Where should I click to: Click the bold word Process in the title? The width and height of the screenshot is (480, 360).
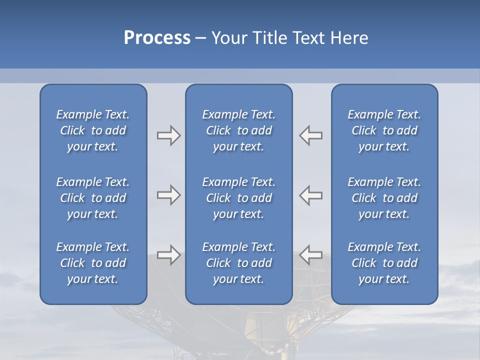(x=157, y=38)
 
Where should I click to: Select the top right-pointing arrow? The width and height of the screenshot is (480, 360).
(x=168, y=135)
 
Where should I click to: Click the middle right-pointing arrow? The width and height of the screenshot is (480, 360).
(x=168, y=195)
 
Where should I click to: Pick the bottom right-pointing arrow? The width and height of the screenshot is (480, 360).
(x=168, y=255)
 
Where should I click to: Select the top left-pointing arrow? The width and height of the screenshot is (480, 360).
(x=311, y=135)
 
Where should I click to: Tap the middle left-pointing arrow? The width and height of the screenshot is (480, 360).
(x=311, y=195)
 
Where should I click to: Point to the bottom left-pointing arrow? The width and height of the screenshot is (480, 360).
(x=311, y=255)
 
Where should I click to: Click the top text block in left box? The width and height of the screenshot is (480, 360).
(x=93, y=130)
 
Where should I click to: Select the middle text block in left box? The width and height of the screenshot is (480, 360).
(x=93, y=198)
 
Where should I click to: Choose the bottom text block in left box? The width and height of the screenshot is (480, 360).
(x=93, y=263)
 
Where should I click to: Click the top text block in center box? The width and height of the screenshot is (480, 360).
(x=238, y=130)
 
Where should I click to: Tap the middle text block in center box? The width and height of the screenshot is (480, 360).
(x=238, y=198)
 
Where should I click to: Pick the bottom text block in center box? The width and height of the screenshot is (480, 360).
(x=238, y=263)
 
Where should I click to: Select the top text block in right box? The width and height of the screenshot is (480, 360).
(x=384, y=130)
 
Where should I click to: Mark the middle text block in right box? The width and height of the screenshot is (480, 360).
(x=384, y=198)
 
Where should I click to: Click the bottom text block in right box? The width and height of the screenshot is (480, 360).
(x=384, y=263)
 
